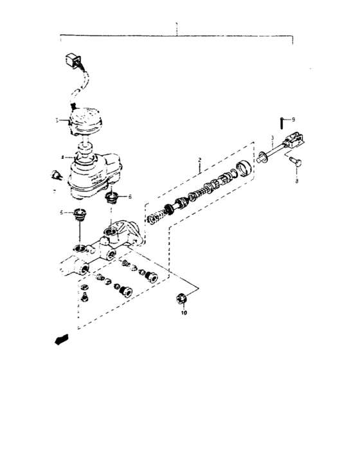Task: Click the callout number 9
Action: pos(293,120)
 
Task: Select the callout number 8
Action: pos(296,183)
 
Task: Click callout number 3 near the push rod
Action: pos(272,138)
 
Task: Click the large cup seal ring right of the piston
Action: pos(244,168)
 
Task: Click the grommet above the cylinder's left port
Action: pos(81,215)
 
